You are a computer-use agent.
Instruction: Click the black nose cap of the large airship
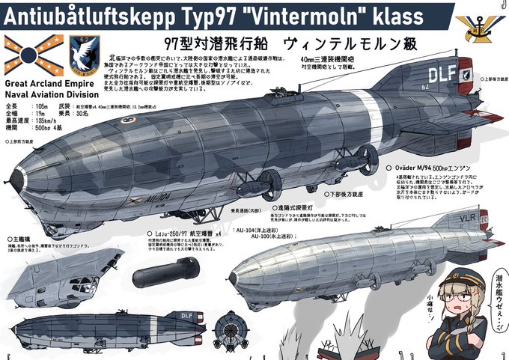point(16,177)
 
